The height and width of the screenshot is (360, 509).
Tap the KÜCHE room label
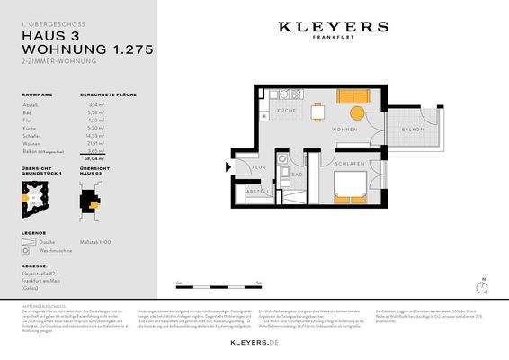[x=286, y=110]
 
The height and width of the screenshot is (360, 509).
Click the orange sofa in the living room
[x=352, y=96]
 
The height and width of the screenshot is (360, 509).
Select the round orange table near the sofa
[x=357, y=112]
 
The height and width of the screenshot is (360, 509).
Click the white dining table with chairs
[x=318, y=112]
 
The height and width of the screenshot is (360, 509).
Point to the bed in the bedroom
[x=349, y=187]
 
